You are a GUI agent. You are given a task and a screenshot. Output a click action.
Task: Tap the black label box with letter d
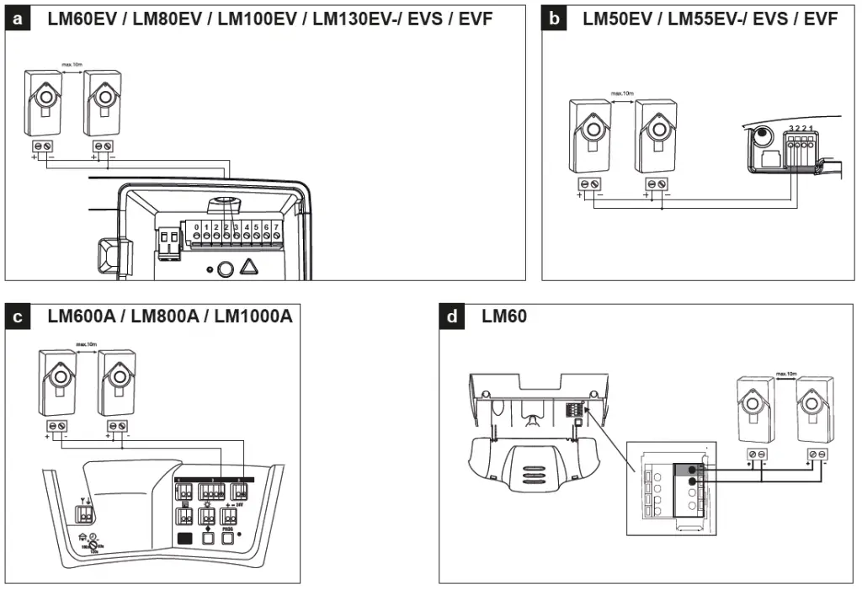pos(453,317)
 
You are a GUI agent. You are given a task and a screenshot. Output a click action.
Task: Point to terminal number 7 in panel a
pos(277,227)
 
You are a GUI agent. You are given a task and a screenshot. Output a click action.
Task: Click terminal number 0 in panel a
pos(196,227)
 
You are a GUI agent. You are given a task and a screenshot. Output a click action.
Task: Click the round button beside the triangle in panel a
pos(224,269)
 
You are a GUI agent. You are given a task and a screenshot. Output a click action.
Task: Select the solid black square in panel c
pos(185,537)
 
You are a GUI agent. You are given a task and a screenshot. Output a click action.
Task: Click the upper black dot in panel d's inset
pos(693,469)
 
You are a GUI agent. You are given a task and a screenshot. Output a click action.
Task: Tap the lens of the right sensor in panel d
pos(817,411)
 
